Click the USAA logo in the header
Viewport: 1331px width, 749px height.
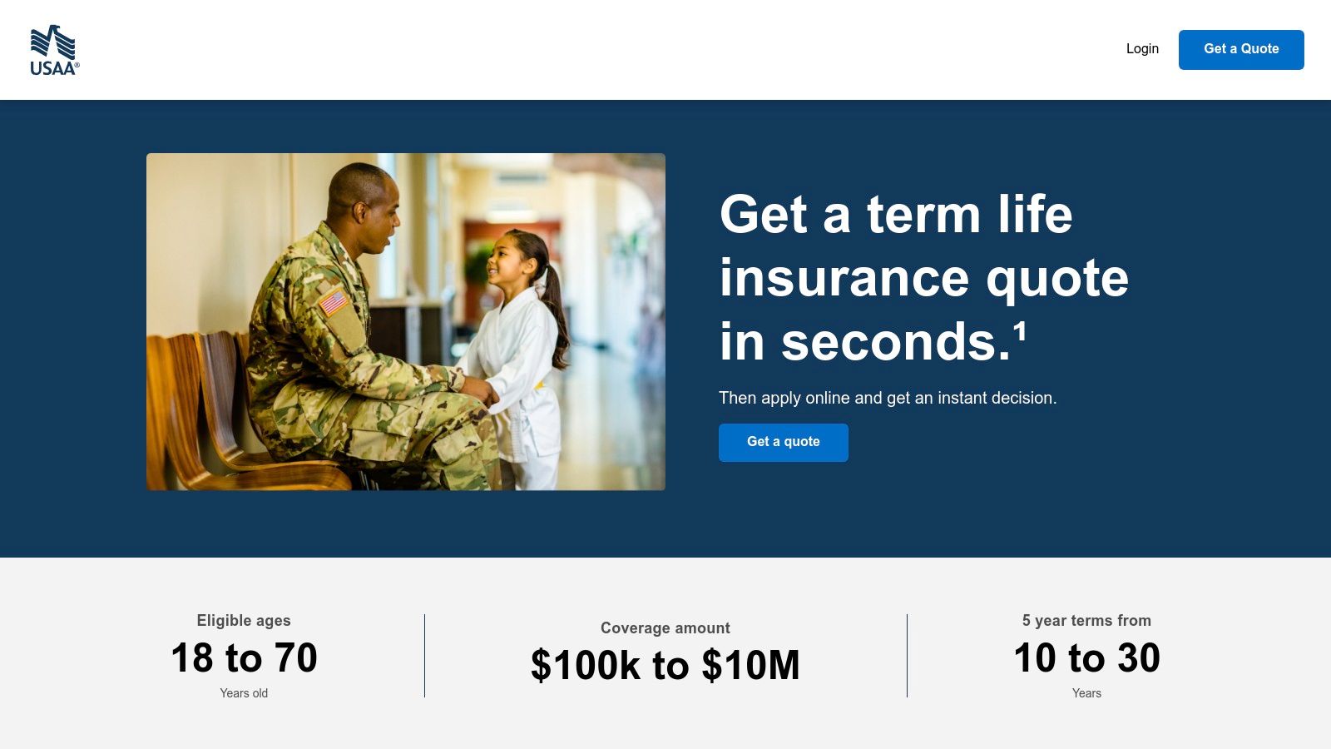click(x=54, y=50)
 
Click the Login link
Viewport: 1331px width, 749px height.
click(x=1142, y=49)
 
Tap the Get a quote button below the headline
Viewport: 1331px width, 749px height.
click(x=783, y=442)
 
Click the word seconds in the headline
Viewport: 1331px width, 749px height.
click(x=895, y=342)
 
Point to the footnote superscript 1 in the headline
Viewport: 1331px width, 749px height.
click(x=1020, y=331)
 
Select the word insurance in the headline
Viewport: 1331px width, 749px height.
click(x=844, y=278)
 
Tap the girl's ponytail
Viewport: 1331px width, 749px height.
click(x=553, y=300)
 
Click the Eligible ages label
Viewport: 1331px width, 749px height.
click(x=244, y=621)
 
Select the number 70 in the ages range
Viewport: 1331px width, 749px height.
click(x=296, y=658)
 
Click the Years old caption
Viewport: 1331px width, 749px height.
click(x=244, y=693)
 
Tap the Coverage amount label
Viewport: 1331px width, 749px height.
click(x=665, y=628)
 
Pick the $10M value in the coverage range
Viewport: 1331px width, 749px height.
click(x=750, y=666)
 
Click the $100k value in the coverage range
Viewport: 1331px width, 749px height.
click(x=586, y=666)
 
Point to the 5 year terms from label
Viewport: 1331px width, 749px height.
click(x=1086, y=621)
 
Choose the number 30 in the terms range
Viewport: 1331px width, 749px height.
click(x=1139, y=658)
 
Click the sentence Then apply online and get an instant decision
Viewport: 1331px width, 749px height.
click(x=888, y=398)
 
